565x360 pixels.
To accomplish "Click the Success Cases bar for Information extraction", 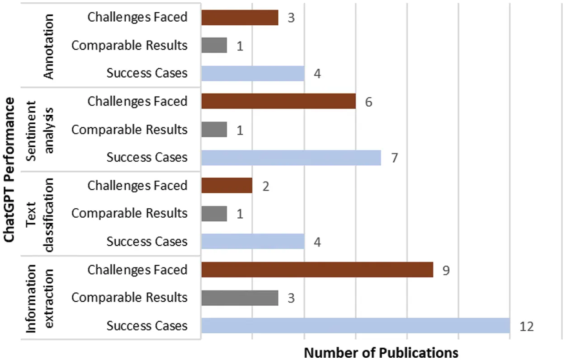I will (355, 326).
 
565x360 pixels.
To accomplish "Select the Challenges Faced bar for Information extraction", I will (317, 270).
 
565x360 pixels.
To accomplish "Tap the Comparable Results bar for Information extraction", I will (240, 298).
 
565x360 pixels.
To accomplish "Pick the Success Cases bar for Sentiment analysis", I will (291, 158).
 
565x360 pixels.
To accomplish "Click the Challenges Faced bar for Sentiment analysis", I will (278, 101).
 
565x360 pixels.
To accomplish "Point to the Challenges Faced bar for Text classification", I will (227, 186).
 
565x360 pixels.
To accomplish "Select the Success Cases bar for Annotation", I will (253, 73).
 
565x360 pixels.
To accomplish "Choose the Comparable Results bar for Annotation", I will (214, 45).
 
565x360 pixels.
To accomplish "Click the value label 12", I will (527, 326).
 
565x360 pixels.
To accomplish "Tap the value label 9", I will (447, 270).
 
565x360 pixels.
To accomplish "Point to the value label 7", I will (394, 158).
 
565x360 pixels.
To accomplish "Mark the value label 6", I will (368, 102).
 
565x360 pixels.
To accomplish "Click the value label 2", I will (266, 186).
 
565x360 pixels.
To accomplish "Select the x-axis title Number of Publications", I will (381, 352).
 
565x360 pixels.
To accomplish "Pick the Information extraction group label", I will (40, 298).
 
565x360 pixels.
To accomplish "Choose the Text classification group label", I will (40, 214).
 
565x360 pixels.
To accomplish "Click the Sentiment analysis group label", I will (40, 130).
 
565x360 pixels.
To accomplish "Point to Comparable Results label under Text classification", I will (129, 213).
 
